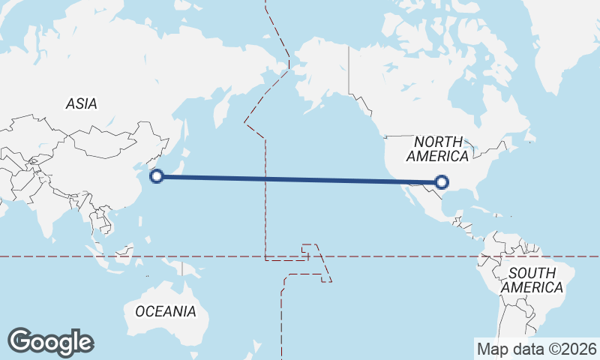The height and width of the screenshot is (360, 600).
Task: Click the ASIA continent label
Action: [81, 104]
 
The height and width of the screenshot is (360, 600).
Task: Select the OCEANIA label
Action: [166, 310]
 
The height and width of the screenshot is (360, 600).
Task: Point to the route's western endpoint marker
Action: [157, 176]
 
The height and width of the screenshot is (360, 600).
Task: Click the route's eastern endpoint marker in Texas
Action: [442, 181]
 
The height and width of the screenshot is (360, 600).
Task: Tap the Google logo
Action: [50, 342]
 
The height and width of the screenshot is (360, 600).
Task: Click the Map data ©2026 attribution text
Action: [536, 349]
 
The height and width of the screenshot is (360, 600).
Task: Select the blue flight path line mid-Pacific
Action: [300, 178]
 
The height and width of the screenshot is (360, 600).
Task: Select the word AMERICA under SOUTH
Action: [532, 287]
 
